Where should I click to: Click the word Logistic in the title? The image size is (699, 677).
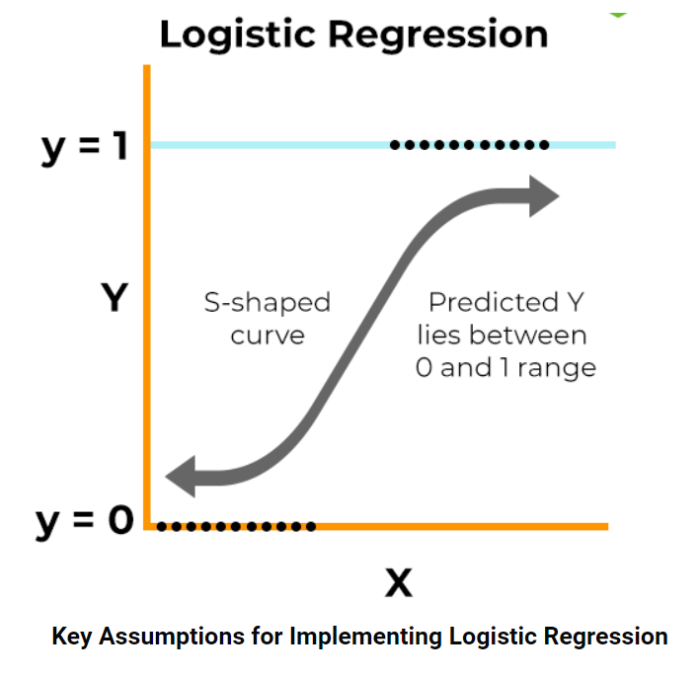click(x=238, y=35)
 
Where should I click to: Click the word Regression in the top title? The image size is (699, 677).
click(x=436, y=35)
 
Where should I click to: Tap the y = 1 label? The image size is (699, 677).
click(x=83, y=146)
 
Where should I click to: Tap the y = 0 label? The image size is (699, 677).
click(x=84, y=520)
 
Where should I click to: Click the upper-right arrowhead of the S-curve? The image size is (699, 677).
click(x=542, y=195)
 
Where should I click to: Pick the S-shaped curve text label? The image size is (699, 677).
click(x=268, y=318)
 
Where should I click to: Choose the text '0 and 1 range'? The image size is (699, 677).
click(x=505, y=368)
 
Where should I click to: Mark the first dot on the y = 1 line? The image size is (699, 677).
click(x=395, y=145)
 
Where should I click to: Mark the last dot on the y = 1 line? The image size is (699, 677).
click(x=544, y=145)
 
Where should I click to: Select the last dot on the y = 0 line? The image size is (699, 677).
click(x=311, y=526)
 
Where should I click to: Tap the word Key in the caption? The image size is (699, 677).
click(x=73, y=636)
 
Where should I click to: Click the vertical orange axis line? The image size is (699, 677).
click(x=146, y=296)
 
